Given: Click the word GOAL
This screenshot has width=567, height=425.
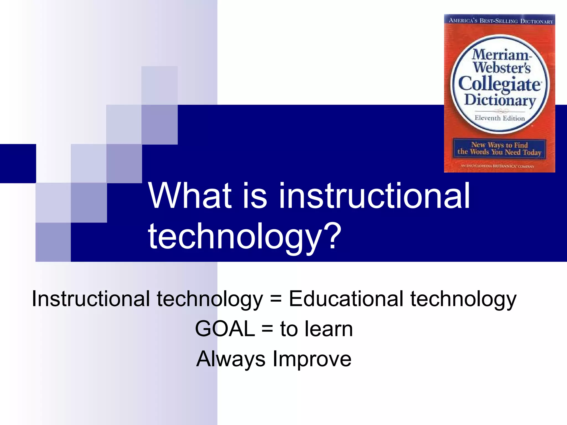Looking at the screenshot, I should (225, 329).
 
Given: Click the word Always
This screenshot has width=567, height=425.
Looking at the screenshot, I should (231, 359).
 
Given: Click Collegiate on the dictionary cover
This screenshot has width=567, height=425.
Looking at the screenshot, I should (499, 84).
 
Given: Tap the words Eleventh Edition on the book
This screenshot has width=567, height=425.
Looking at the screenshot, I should (499, 118).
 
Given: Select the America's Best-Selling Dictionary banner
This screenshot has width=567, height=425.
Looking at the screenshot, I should (500, 21).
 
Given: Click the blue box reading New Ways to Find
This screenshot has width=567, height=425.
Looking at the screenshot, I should (499, 149).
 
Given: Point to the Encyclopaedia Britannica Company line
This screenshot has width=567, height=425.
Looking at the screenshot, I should (497, 166).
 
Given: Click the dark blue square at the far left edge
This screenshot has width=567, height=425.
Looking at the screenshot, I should (18, 163).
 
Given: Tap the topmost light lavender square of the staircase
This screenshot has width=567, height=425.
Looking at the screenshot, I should (159, 85).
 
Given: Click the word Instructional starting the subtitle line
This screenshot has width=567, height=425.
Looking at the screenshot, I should (91, 299).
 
